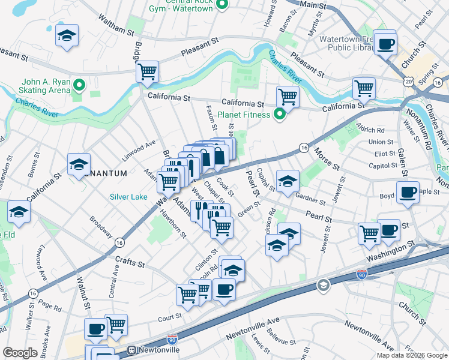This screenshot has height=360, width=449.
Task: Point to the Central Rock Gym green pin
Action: coord(221,5)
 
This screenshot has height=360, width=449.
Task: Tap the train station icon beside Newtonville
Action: coord(132,350)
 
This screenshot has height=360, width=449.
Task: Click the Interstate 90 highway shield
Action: coord(361,274)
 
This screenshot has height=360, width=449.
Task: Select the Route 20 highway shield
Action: coord(409,80)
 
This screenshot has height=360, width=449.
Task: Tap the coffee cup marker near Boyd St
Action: coord(408,193)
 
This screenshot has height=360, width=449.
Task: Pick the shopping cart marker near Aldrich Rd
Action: coord(364,88)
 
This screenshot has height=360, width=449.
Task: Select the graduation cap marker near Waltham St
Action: coord(67,36)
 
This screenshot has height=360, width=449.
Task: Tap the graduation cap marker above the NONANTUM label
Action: coord(79,164)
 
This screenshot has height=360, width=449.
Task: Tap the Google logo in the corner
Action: coord(20,353)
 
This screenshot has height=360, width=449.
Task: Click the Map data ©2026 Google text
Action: coord(411,355)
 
